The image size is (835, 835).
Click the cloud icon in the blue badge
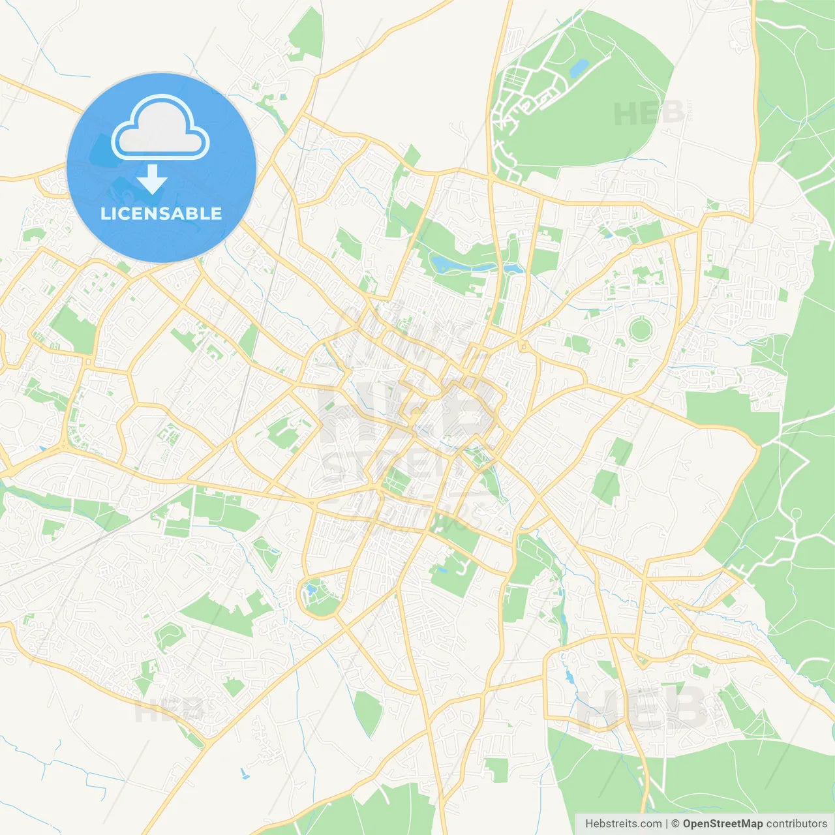[x=160, y=128]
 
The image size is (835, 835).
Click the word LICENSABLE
[x=161, y=213]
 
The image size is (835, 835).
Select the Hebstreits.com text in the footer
[x=624, y=824]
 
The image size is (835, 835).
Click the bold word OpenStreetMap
[x=722, y=824]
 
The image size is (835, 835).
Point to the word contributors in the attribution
[x=797, y=824]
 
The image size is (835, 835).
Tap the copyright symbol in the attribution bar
[x=675, y=824]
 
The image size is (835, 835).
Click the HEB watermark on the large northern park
[x=649, y=114]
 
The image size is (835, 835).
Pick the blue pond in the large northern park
[x=579, y=67]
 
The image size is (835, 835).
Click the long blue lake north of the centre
[x=457, y=264]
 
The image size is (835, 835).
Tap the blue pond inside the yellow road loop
[x=311, y=590]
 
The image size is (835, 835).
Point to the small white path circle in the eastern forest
[x=796, y=514]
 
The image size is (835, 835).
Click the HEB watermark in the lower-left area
[x=168, y=710]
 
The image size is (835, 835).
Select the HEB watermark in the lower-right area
[x=643, y=708]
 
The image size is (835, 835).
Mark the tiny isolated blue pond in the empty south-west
[x=245, y=774]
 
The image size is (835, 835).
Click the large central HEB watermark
[x=408, y=411]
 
